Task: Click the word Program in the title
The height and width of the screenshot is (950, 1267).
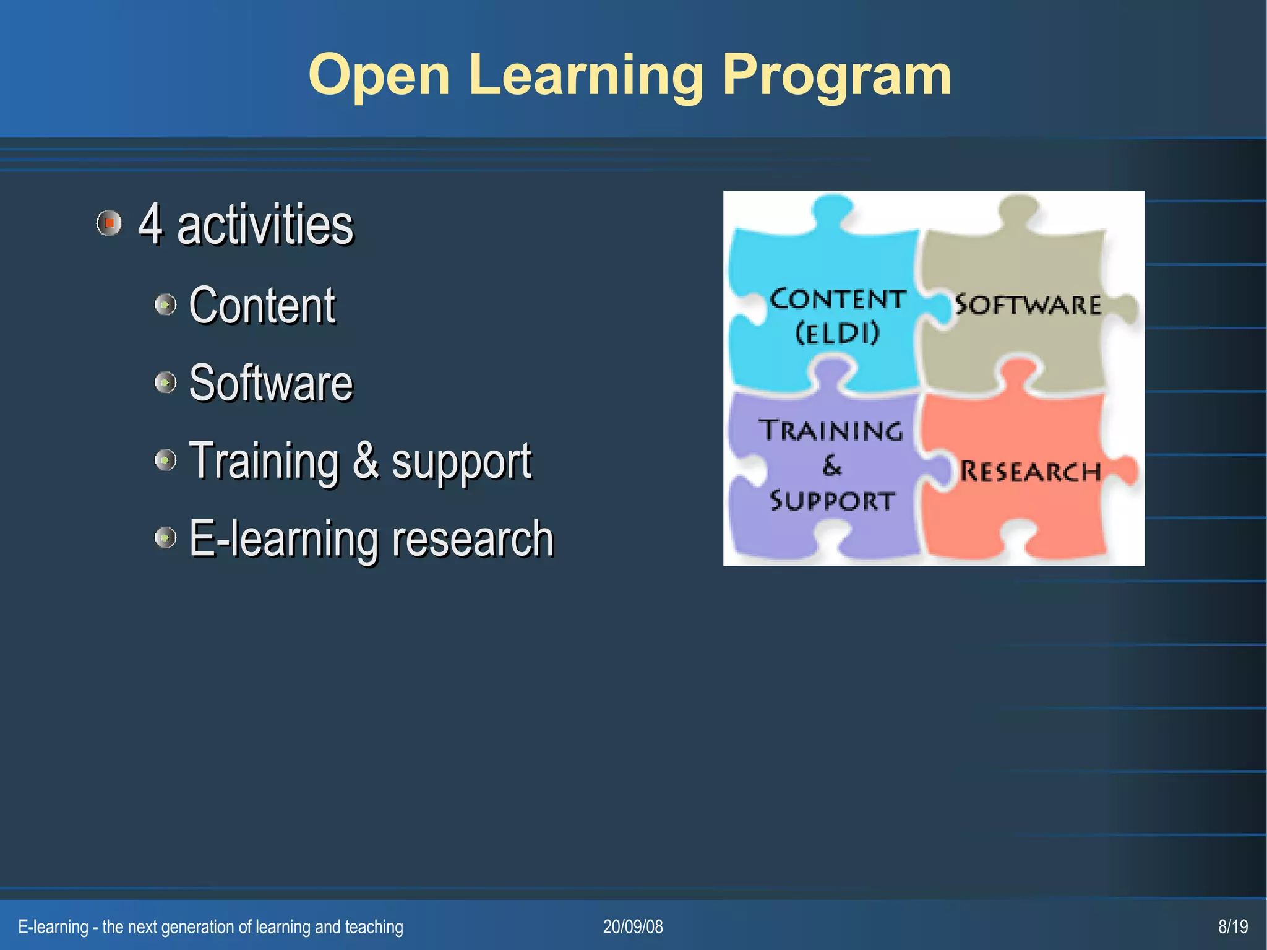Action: (x=836, y=76)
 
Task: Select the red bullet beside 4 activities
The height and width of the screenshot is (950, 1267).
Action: (x=110, y=223)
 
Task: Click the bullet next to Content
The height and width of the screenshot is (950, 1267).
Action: (x=165, y=304)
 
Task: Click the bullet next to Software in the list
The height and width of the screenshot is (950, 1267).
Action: (x=165, y=382)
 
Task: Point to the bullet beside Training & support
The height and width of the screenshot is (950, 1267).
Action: (x=165, y=460)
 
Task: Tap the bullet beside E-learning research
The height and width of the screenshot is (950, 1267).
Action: (x=165, y=537)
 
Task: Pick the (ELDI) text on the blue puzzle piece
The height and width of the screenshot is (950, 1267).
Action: (x=837, y=334)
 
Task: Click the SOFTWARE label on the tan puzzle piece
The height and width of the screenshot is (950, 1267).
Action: (x=1028, y=304)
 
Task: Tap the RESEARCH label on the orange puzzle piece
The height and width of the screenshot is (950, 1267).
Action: (x=1030, y=472)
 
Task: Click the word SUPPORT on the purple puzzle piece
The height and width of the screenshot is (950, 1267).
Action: (x=832, y=501)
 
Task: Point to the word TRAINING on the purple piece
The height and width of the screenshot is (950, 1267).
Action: (x=831, y=430)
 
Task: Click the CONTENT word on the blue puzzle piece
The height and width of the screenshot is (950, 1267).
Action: (x=838, y=300)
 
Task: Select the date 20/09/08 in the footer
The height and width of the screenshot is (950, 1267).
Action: (x=633, y=926)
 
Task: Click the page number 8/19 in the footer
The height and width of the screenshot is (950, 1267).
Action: (x=1232, y=926)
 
